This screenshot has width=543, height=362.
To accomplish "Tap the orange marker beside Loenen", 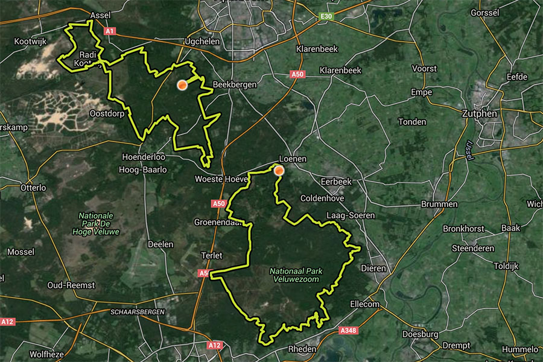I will (279, 171).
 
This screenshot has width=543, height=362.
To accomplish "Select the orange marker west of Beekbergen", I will (182, 86).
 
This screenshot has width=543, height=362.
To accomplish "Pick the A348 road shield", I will (348, 331).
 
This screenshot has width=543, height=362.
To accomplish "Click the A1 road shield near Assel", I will (109, 30).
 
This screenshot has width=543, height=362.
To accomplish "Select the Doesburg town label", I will (421, 334).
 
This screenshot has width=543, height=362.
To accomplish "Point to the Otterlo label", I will (33, 188).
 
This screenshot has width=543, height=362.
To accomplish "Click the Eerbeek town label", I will (335, 182).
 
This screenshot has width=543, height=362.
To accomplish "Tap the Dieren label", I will (372, 268).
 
